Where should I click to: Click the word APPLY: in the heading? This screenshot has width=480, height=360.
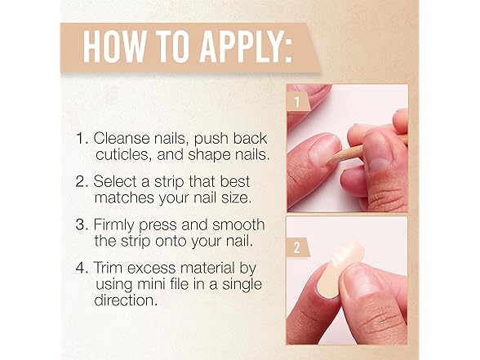(246, 47)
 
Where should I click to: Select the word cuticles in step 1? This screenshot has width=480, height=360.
(124, 154)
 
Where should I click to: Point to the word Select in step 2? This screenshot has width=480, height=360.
(115, 181)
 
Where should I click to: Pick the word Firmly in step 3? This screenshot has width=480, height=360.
(114, 225)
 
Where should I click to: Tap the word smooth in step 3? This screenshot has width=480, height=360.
(238, 224)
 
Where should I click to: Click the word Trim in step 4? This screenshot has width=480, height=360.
(109, 268)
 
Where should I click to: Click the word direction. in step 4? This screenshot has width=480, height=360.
(126, 300)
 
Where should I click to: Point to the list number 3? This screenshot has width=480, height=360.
(82, 225)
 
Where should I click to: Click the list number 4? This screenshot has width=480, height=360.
(82, 268)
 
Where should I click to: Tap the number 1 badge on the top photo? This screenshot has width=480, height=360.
(297, 101)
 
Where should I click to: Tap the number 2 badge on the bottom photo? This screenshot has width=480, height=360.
(297, 247)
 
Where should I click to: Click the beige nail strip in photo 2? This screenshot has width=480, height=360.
(340, 269)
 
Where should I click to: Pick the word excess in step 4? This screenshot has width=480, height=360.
(152, 268)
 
